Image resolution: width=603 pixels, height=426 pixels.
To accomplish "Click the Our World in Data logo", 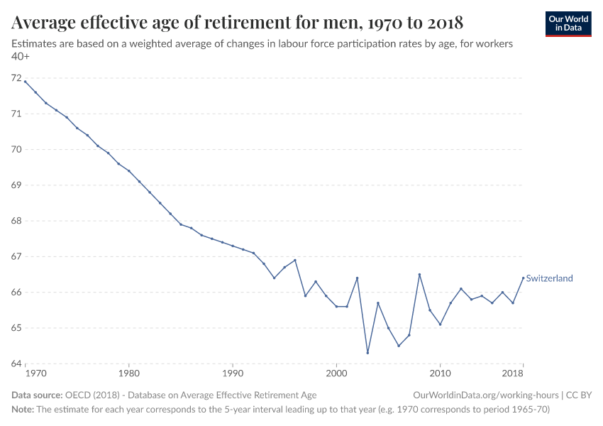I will (568, 24).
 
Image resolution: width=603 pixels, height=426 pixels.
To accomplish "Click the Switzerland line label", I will (549, 278).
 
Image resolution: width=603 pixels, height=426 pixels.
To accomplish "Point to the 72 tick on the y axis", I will (18, 78).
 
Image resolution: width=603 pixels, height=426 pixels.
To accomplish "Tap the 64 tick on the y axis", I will (18, 364).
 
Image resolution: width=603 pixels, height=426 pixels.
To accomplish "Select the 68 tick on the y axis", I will (18, 221).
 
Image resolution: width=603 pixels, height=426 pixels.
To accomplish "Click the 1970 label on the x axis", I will (35, 373).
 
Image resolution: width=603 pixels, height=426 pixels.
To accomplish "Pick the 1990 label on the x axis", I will (233, 373).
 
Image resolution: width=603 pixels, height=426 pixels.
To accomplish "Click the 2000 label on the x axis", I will (336, 373).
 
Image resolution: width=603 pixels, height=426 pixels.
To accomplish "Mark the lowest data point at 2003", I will (367, 353).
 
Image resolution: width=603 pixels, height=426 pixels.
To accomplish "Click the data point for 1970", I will (25, 82).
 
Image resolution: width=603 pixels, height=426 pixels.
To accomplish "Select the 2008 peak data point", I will (419, 274).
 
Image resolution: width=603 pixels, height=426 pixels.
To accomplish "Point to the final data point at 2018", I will (524, 278).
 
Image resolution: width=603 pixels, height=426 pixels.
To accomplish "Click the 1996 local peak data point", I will (295, 260).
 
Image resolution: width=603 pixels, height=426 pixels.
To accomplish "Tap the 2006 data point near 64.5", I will (399, 346).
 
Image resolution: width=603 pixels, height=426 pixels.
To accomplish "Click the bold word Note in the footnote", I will (23, 410).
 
